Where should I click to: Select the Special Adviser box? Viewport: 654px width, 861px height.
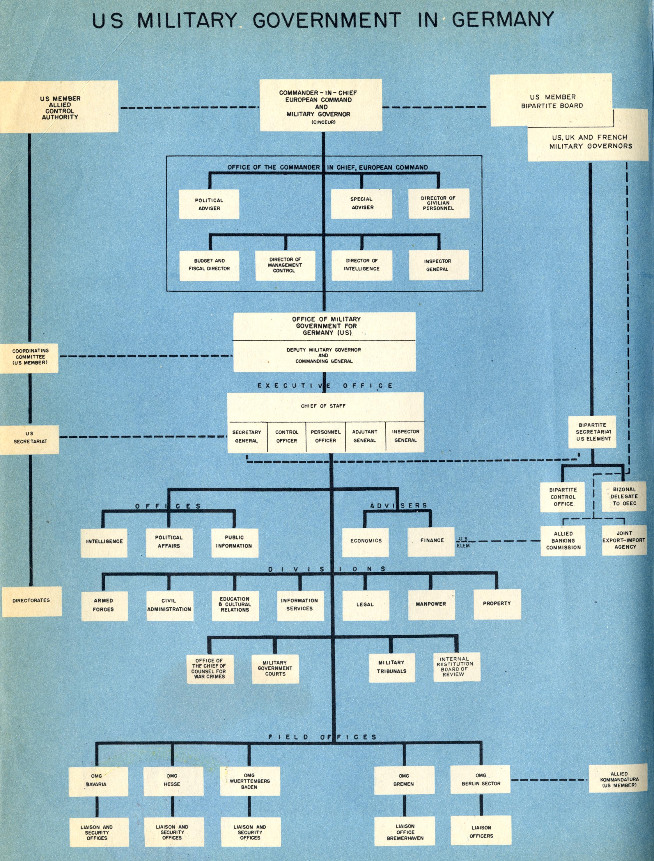362,204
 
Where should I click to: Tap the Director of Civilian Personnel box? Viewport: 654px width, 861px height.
439,204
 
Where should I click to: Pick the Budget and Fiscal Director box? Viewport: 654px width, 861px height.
209,265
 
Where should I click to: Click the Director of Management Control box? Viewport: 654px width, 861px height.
285,265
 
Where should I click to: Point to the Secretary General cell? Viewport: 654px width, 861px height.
247,437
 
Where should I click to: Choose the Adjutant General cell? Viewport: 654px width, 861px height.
365,437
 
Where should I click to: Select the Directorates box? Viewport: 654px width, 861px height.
31,601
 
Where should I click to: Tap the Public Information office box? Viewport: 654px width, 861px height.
234,542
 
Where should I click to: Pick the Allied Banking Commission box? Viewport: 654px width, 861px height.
563,541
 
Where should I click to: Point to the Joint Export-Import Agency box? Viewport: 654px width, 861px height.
624,540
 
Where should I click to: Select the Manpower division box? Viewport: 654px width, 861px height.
431,604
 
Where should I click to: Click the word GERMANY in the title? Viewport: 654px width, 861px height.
502,19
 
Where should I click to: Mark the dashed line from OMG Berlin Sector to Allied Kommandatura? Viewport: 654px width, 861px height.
549,780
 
